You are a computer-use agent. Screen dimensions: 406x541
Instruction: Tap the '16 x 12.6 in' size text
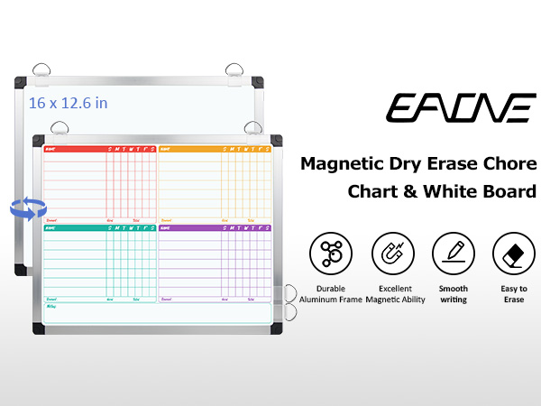[68, 103]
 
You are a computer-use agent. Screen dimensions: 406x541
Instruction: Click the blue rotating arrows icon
[27, 208]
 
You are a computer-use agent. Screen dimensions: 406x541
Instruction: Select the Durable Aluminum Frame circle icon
[331, 254]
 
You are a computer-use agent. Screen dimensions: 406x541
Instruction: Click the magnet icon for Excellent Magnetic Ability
[392, 254]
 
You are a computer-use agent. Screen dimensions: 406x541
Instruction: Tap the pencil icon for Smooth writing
[454, 254]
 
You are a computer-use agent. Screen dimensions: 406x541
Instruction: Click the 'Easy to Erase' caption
[514, 293]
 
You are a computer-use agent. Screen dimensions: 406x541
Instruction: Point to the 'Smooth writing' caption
[454, 293]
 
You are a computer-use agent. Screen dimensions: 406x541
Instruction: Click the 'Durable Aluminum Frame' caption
[331, 293]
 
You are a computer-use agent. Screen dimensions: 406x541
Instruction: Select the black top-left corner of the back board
[21, 83]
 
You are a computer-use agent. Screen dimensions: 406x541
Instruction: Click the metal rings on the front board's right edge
[291, 302]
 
